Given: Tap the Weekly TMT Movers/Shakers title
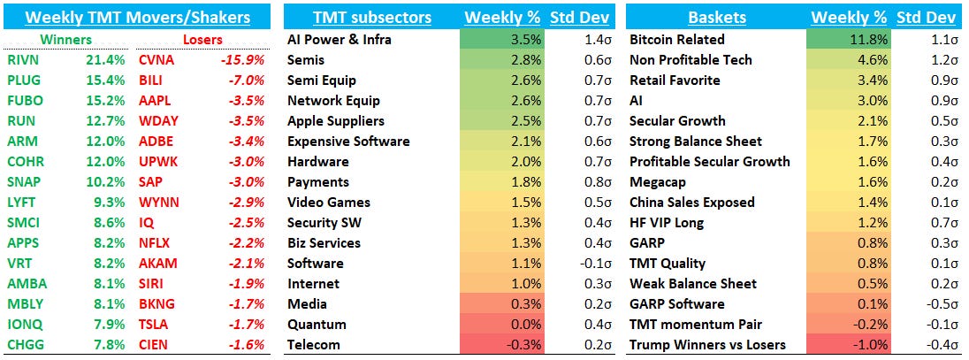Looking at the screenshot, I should coord(137,17).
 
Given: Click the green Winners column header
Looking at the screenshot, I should coord(68,39).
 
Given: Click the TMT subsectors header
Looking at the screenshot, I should coord(372,17).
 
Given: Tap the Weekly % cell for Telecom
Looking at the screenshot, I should coord(502,345).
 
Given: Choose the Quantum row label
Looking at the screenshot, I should coord(317,325).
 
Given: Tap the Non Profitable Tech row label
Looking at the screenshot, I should coord(690,59).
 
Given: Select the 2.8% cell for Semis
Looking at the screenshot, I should coord(502,59).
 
